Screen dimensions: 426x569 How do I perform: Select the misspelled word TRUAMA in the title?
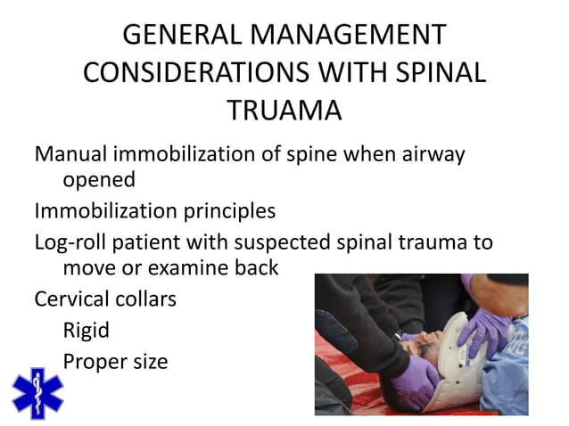coord(284,111)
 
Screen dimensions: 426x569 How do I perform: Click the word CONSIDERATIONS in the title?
coord(207,72)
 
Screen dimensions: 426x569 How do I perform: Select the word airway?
coord(433,153)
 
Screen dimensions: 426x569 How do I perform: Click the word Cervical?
coord(72,299)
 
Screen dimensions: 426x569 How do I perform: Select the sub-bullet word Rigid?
coord(87,330)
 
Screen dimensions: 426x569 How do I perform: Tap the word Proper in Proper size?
coord(94,361)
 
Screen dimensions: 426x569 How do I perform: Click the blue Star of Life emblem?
coord(37,392)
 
